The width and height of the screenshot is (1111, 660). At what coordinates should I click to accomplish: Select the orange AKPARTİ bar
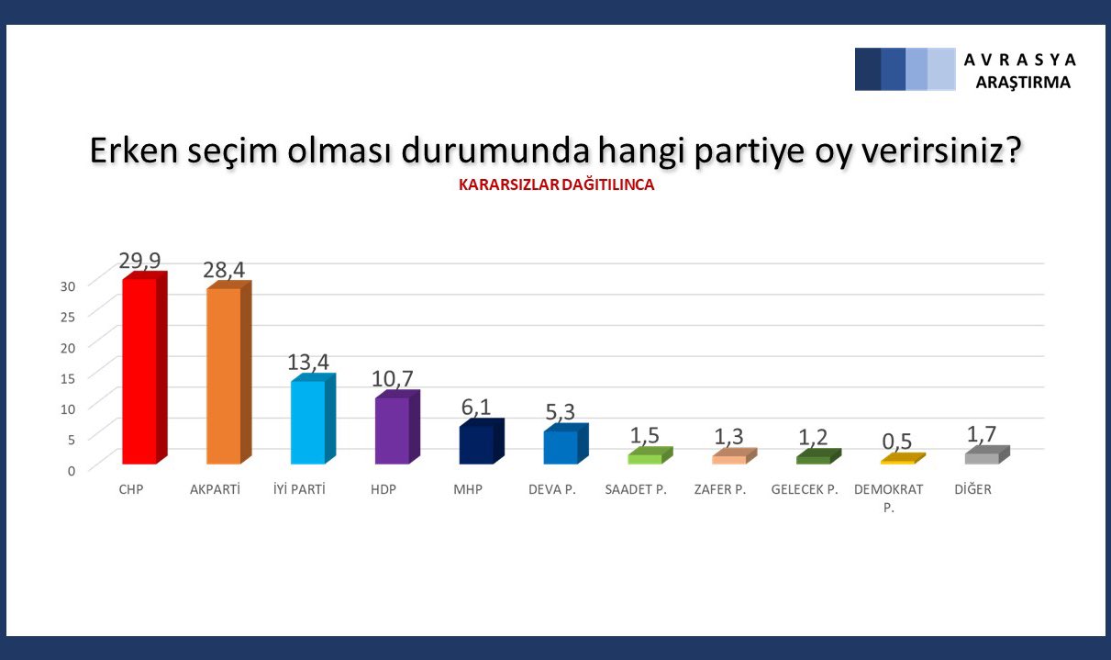click(224, 375)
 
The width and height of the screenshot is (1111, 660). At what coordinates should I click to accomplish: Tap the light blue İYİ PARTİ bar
click(307, 421)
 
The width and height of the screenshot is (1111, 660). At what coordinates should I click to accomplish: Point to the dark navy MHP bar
click(476, 444)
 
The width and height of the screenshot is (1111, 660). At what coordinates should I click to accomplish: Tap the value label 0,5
click(897, 442)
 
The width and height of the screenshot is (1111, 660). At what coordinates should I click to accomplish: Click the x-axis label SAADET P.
click(636, 489)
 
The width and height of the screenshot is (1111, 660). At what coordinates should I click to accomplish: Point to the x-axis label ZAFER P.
click(720, 489)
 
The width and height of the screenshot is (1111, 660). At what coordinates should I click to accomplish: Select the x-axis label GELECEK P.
click(805, 489)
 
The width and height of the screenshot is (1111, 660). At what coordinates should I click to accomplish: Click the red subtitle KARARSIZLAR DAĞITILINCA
click(556, 185)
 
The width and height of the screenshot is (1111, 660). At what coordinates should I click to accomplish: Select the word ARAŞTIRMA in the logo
click(1023, 82)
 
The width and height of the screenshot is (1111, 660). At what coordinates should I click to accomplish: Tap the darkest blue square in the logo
click(868, 69)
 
